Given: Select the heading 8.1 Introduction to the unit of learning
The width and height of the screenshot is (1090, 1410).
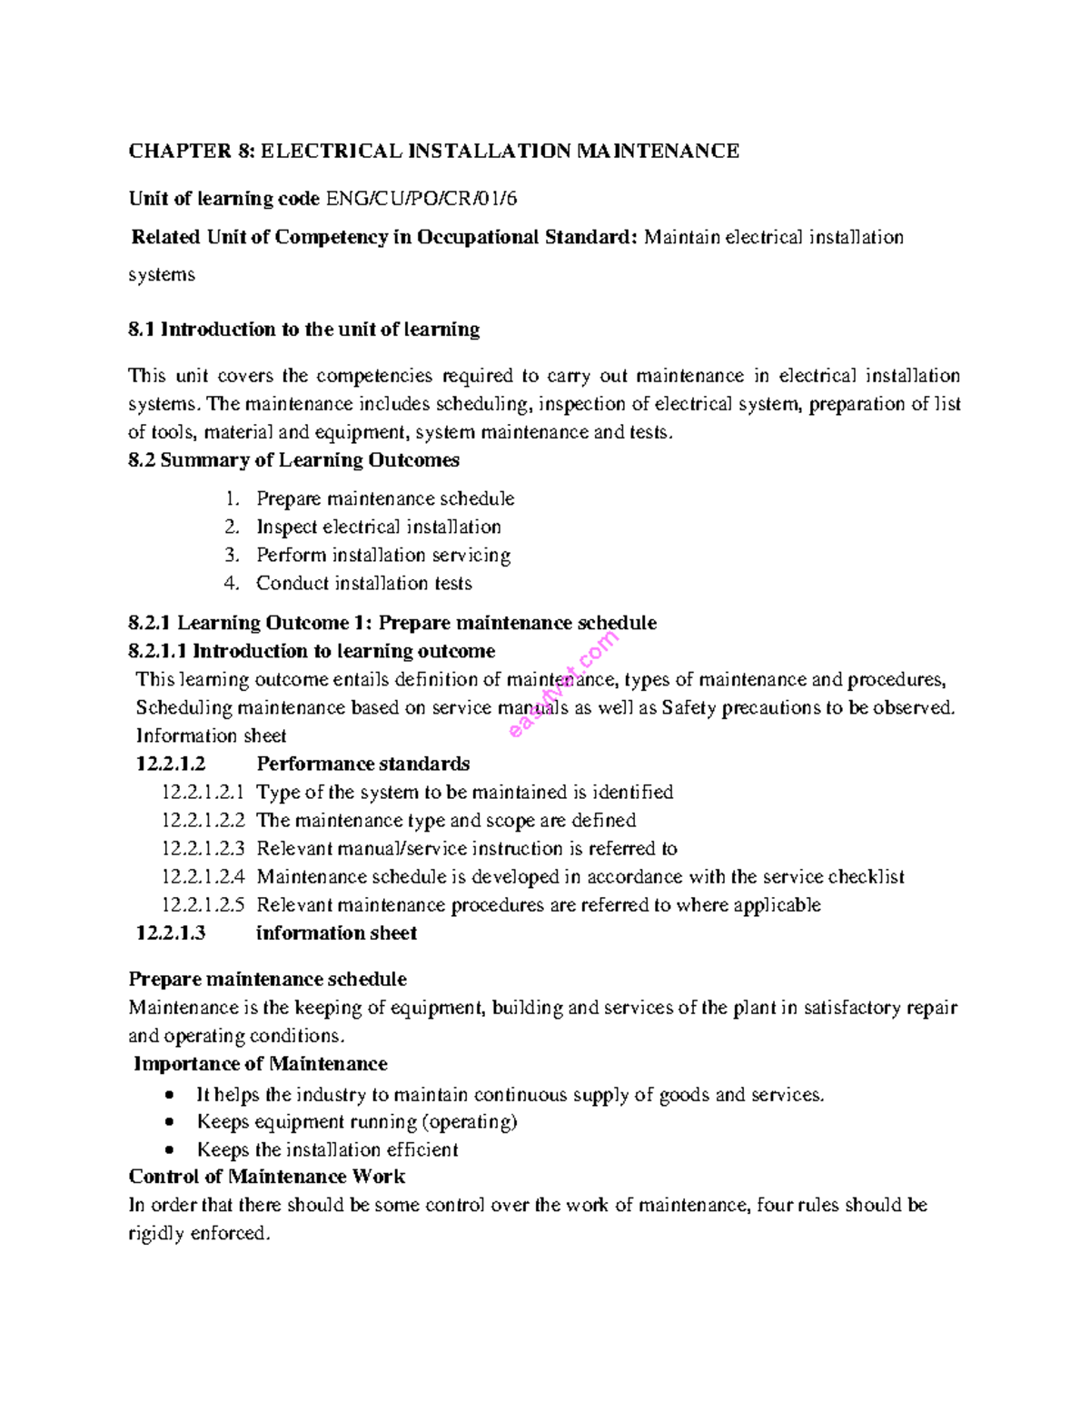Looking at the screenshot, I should pos(303,330).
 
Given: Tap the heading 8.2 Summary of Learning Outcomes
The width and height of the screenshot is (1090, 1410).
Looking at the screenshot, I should pos(293,460).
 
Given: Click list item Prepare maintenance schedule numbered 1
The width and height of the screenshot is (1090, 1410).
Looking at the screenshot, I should pos(384,498).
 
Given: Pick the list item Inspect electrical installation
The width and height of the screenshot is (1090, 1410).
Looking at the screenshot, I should pos(378,527).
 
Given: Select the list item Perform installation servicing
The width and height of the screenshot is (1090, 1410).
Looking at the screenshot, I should pos(382,555).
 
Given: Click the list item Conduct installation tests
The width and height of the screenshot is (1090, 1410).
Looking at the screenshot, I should pos(363,583).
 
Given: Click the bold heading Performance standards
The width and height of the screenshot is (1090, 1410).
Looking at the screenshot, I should pos(362,764).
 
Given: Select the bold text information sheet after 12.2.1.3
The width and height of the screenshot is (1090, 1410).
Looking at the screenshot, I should pos(336,933).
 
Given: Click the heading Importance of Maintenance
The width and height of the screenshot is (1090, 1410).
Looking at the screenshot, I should pos(260,1064).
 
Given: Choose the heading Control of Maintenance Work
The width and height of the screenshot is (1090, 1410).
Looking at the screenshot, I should pos(266,1177).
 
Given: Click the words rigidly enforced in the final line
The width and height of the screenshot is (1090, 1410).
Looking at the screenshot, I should pos(199,1234).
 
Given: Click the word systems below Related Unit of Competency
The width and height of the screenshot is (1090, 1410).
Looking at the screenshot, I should pos(162,274).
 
